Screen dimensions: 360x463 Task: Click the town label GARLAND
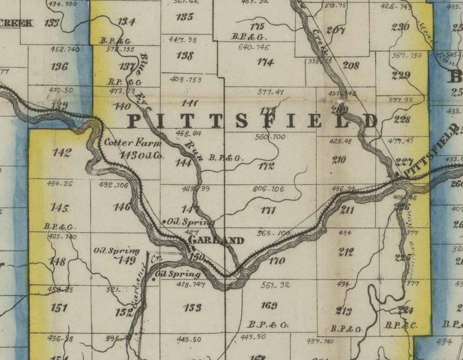[216, 241]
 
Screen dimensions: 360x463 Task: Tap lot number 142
[62, 152]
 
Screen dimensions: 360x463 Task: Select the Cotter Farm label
[133, 143]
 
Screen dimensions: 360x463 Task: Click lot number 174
[266, 62]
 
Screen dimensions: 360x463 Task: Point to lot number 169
[269, 306]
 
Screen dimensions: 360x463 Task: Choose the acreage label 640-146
[254, 47]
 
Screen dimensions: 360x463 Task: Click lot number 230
[400, 27]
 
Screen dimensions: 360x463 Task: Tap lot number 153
[193, 308]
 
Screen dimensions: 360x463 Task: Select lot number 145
[59, 208]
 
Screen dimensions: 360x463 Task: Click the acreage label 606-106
[268, 189]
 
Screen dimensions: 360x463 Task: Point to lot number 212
[346, 252]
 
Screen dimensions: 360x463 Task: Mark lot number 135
[185, 17]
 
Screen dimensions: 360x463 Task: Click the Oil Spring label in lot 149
[117, 251]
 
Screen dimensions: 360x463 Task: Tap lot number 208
[351, 65]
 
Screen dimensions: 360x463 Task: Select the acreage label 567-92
[275, 285]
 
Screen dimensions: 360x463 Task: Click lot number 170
[277, 261]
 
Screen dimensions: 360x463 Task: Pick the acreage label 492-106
[113, 185]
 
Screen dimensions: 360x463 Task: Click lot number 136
[59, 66]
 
